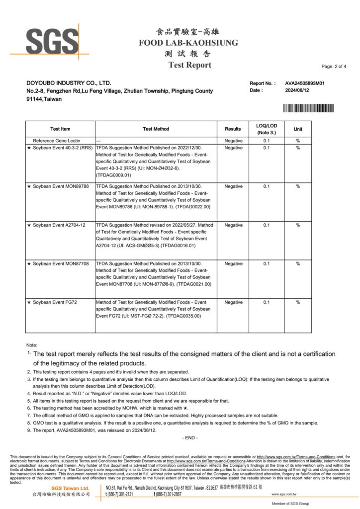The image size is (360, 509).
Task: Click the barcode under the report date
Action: pyautogui.click(x=308, y=108)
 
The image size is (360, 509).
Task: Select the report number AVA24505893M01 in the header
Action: pyautogui.click(x=305, y=84)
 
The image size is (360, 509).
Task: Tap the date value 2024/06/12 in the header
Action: pyautogui.click(x=297, y=90)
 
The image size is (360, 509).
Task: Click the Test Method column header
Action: pyautogui.click(x=156, y=129)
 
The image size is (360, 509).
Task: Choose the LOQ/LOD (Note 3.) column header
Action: pyautogui.click(x=266, y=129)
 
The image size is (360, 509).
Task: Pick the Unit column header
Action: pyautogui.click(x=298, y=129)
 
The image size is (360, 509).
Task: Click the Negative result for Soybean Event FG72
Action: pyautogui.click(x=233, y=302)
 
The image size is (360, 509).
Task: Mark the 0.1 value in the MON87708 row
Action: pyautogui.click(x=266, y=264)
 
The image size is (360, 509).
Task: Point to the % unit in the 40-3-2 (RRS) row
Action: pyautogui.click(x=298, y=148)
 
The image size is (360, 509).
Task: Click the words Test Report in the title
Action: pyautogui.click(x=189, y=65)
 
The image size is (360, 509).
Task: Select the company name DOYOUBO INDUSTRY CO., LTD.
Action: pyautogui.click(x=69, y=83)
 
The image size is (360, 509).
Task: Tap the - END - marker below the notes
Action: pyautogui.click(x=189, y=437)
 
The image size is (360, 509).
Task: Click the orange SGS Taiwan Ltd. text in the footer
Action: pyautogui.click(x=71, y=489)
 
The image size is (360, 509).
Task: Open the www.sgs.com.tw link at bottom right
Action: pyautogui.click(x=284, y=495)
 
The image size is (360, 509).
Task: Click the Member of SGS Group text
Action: pyautogui.click(x=289, y=504)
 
